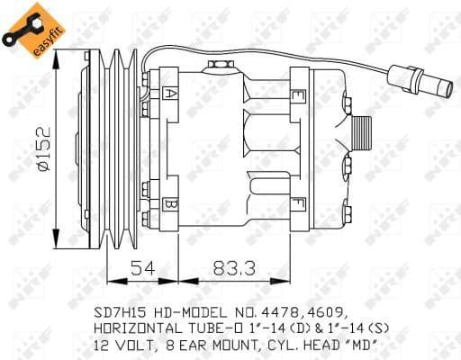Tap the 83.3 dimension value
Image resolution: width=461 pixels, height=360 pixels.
(234, 266)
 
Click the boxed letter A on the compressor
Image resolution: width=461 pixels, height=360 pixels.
(171, 93)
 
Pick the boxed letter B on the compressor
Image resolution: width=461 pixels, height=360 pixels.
(171, 204)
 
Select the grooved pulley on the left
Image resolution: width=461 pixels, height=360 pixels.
(121, 148)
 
